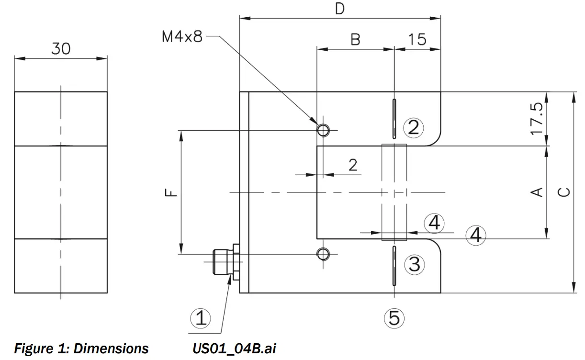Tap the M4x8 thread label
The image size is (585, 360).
click(182, 37)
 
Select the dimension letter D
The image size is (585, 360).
click(339, 9)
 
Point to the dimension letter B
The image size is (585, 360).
click(355, 39)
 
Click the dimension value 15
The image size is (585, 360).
click(417, 39)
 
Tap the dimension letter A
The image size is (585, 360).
click(538, 191)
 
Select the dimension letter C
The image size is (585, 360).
click(565, 191)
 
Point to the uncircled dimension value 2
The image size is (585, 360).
click(353, 165)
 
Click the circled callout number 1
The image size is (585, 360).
click(201, 318)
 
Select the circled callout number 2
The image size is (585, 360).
click(414, 127)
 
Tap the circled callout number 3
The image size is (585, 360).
click(414, 264)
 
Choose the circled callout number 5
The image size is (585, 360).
click(394, 318)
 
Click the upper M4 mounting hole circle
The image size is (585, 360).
click(323, 130)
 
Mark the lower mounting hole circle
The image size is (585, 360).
click(323, 253)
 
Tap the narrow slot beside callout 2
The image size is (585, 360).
click(394, 117)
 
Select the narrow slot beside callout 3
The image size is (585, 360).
click(394, 265)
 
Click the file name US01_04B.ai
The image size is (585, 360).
click(234, 349)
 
